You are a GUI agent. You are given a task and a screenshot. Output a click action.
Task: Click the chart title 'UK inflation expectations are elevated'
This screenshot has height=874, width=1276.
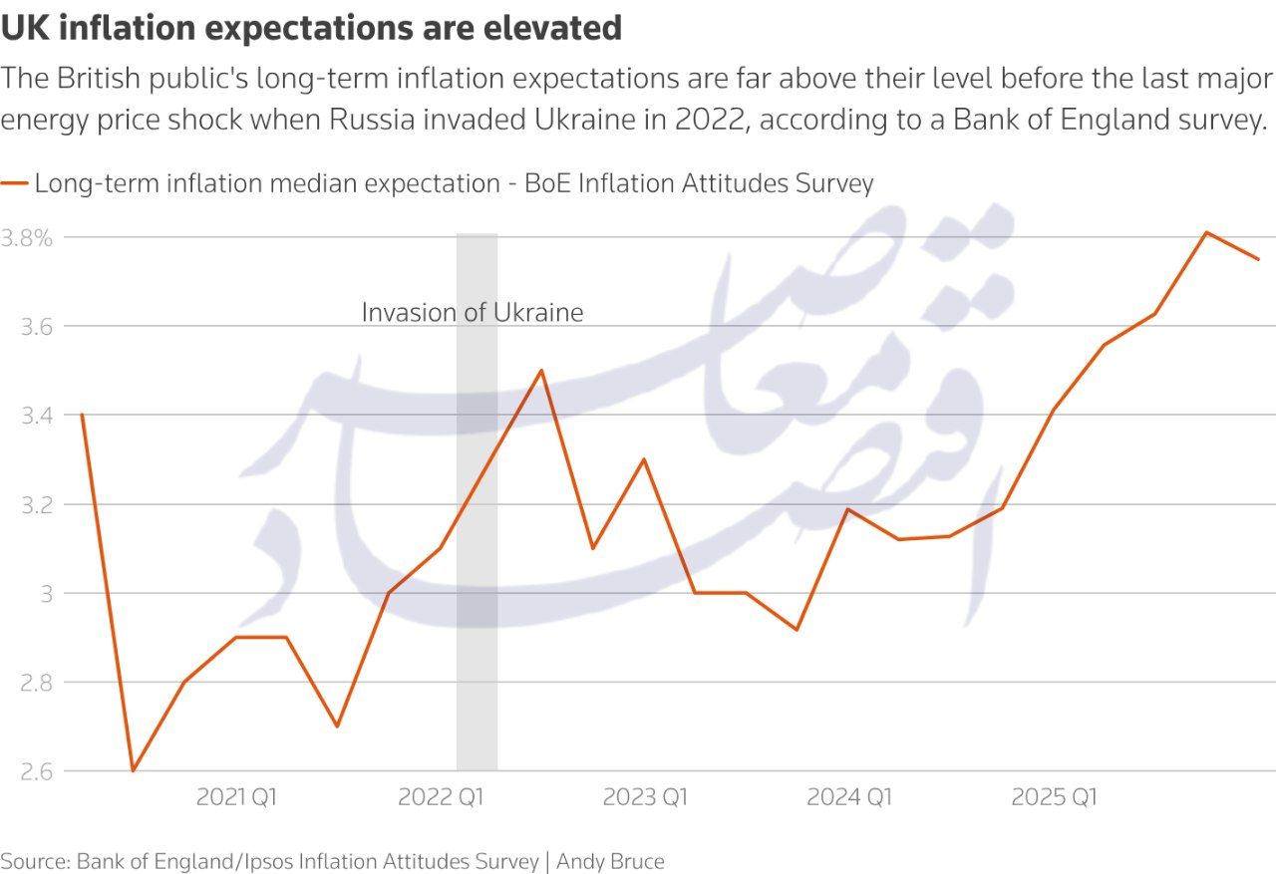pos(311,28)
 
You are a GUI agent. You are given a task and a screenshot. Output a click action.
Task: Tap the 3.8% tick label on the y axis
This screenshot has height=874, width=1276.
pos(27,238)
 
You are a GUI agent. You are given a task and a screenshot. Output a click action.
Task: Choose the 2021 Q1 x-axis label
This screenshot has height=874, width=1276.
pos(236,797)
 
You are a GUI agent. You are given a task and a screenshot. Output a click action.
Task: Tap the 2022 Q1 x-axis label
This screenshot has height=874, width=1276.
pos(441,797)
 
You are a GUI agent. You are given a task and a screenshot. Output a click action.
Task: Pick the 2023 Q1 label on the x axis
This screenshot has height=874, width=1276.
pos(645,797)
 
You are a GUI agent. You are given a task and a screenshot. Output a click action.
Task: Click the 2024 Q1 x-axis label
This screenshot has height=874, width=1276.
pos(849,797)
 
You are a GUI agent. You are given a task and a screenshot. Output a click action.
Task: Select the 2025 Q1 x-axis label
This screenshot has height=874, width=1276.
pos(1054,797)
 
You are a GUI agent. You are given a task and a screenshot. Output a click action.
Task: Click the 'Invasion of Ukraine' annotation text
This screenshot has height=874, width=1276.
pos(472,312)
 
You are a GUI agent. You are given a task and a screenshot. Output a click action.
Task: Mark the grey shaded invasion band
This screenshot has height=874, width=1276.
pos(477,648)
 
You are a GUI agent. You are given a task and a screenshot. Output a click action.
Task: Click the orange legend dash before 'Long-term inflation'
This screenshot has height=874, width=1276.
pos(15,183)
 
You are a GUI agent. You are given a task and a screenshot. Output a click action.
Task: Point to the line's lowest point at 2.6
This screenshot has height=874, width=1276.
pos(133,770)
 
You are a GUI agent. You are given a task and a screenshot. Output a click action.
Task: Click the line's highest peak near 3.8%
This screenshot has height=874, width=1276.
pos(1206,232)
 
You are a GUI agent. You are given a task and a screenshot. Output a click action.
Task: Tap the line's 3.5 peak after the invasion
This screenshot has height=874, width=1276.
pos(541,371)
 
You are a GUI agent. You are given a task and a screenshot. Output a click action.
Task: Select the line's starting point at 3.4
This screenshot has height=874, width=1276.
pos(81,415)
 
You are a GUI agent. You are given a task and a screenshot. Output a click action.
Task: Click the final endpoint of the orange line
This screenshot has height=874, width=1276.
pos(1258,259)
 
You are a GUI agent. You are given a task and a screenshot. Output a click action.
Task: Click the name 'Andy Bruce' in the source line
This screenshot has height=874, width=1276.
pos(610,861)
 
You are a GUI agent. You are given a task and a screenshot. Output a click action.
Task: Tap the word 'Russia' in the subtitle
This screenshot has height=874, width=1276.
pos(378,121)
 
